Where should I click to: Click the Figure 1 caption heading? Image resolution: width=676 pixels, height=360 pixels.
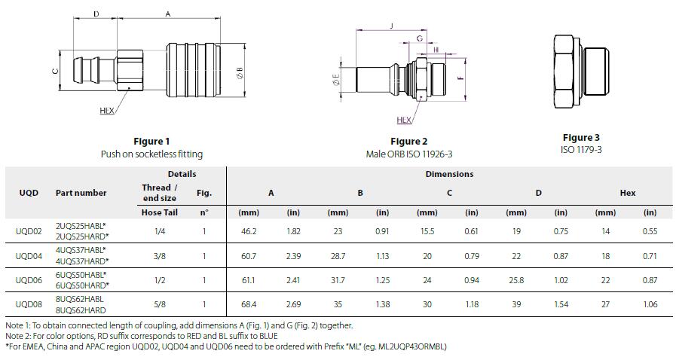[151, 142]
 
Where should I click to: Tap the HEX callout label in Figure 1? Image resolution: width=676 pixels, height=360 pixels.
[107, 111]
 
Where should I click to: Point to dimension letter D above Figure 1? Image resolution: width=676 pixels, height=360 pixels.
[96, 14]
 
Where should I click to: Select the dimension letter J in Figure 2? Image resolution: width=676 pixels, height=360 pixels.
[391, 26]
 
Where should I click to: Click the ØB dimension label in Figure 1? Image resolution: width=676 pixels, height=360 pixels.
[240, 72]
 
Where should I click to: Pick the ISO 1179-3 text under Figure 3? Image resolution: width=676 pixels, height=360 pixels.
[581, 150]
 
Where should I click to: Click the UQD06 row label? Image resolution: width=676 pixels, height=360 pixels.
[29, 280]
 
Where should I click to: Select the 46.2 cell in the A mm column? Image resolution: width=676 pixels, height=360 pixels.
[249, 231]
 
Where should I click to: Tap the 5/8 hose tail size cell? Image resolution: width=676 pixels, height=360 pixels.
[160, 304]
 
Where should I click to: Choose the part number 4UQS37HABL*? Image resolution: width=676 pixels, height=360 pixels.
[81, 250]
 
